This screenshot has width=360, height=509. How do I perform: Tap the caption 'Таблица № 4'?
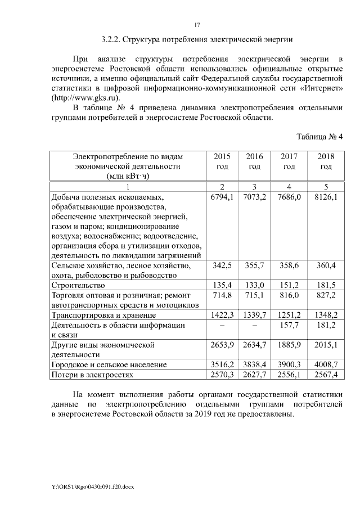319,137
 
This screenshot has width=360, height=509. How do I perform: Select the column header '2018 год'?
326,161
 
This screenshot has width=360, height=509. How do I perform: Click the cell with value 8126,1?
326,198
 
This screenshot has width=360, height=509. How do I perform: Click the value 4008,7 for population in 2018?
326,364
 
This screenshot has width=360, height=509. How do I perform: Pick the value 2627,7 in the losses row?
254,374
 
